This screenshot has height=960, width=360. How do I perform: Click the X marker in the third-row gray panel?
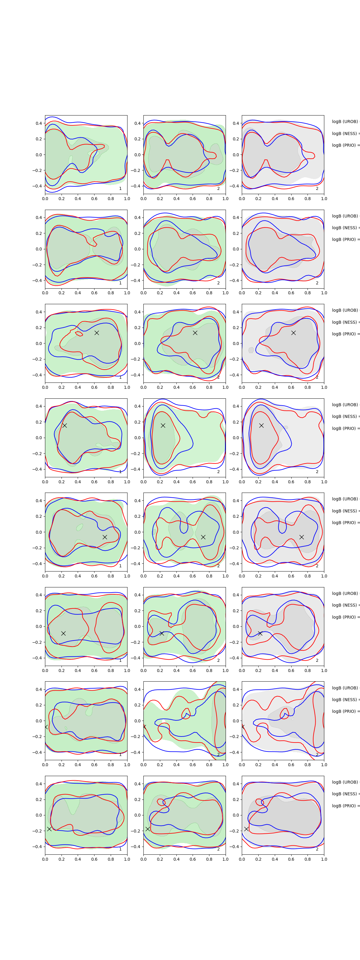(x=293, y=333)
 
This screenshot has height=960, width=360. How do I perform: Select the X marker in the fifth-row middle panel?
(x=203, y=537)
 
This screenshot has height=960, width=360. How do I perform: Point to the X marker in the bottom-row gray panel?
(x=246, y=829)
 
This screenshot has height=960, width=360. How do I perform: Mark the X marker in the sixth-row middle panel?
(x=162, y=633)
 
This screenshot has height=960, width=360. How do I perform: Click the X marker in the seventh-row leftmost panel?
(x=46, y=727)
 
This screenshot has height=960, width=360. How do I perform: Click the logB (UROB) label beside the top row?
(x=345, y=121)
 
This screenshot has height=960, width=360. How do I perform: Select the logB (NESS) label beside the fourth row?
(x=345, y=416)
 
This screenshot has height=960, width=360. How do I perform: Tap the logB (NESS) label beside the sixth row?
(x=345, y=605)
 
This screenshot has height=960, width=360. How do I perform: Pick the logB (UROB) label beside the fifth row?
(x=345, y=499)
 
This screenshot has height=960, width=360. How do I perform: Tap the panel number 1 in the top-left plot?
(x=120, y=189)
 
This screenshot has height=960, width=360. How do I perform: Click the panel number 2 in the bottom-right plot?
(x=317, y=849)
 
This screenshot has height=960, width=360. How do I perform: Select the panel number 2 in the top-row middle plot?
(x=218, y=189)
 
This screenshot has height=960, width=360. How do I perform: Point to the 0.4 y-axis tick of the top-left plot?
(x=39, y=123)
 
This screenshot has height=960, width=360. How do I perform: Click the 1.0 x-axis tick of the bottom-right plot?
(x=324, y=859)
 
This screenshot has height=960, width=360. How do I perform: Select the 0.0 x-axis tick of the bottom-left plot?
(x=45, y=859)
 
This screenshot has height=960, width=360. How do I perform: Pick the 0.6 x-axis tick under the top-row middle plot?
(x=193, y=199)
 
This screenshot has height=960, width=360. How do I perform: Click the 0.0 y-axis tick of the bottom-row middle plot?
(x=137, y=815)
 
